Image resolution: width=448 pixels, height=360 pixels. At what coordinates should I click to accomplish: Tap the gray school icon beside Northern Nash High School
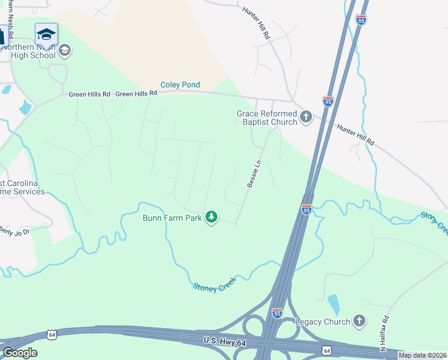[x=65, y=51]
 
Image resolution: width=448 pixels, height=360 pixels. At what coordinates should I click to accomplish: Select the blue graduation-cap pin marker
[x=46, y=35]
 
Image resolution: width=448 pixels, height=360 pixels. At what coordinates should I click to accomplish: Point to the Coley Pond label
[x=180, y=85]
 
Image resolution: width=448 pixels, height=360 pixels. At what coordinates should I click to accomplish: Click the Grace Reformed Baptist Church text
[x=267, y=118]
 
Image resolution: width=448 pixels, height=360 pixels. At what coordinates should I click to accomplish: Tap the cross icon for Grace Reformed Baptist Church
[x=306, y=117]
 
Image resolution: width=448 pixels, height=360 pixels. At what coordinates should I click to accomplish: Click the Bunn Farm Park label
[x=172, y=218]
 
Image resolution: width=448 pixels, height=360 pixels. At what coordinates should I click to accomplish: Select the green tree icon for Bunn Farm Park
[x=211, y=217]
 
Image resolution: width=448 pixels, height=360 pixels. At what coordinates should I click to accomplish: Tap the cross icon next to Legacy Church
[x=359, y=321]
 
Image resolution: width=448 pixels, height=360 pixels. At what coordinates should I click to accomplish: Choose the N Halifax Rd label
[x=384, y=333]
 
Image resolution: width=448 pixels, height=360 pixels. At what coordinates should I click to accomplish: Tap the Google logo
[x=20, y=353]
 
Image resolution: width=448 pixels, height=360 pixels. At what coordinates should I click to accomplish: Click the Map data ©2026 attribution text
[x=423, y=355]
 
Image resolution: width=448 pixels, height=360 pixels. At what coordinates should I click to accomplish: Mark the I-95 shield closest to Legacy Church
[x=277, y=313]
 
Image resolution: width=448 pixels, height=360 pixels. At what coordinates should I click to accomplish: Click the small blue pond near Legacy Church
[x=333, y=304]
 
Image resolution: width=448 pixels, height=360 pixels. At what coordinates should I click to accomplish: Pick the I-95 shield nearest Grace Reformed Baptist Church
[x=328, y=101]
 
